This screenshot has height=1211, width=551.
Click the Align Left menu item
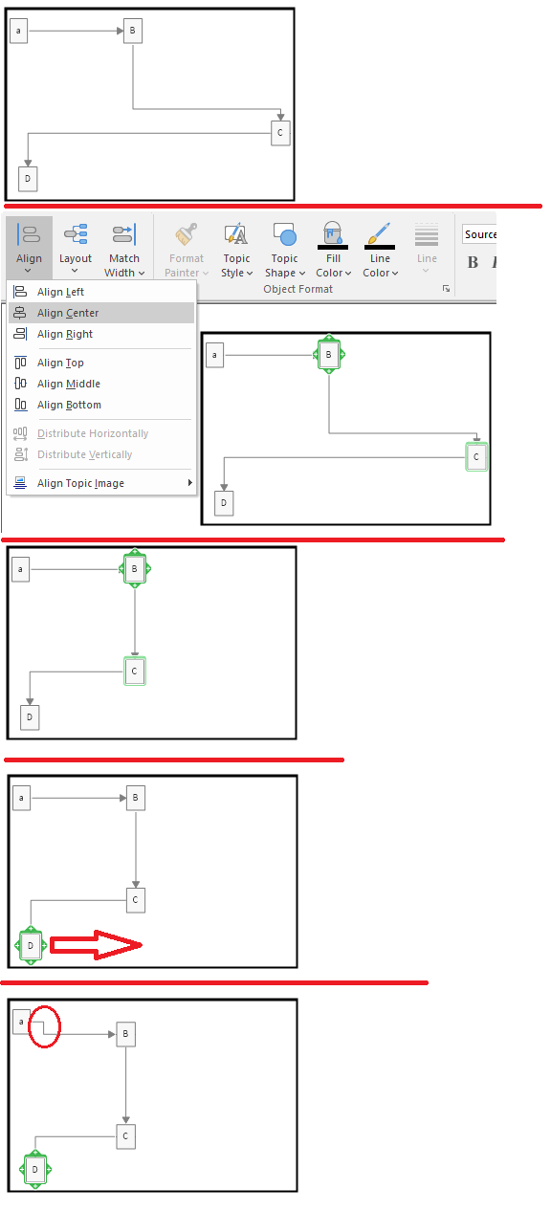(60, 292)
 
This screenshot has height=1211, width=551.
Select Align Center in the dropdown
(68, 313)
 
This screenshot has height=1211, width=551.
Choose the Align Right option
(65, 334)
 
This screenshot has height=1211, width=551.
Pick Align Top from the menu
(60, 363)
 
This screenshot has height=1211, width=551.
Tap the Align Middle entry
(69, 384)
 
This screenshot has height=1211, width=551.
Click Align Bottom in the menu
(69, 405)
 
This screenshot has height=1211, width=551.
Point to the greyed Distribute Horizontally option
(93, 433)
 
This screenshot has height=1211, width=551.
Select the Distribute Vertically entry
(84, 454)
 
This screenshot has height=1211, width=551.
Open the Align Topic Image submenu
(80, 483)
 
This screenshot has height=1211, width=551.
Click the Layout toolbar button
(76, 248)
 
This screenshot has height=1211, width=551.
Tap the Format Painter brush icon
(186, 234)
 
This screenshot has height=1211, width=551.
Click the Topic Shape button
(285, 250)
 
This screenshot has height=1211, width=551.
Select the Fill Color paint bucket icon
(333, 233)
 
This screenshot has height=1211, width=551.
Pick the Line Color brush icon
(380, 233)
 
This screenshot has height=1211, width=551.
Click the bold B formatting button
(473, 263)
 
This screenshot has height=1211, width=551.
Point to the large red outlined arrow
(96, 945)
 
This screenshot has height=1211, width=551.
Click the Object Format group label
(298, 289)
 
